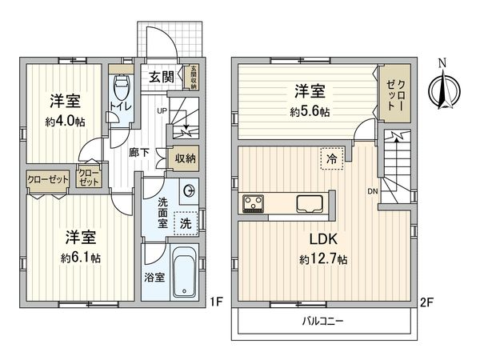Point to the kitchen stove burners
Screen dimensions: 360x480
254,202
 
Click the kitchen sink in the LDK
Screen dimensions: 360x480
309,202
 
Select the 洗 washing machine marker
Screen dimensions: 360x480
184,223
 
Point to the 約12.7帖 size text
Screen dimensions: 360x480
323,259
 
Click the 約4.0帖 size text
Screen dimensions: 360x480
65,122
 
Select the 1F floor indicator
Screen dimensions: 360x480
214,301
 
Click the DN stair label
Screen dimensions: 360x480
372,191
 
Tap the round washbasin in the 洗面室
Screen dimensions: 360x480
189,190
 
